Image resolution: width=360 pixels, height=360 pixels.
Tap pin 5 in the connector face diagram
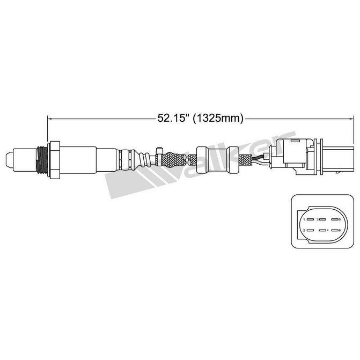pyautogui.click(x=337, y=220)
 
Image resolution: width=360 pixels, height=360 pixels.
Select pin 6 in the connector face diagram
pyautogui.click(x=337, y=231)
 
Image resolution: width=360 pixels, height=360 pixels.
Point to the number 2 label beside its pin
pyautogui.click(x=305, y=231)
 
